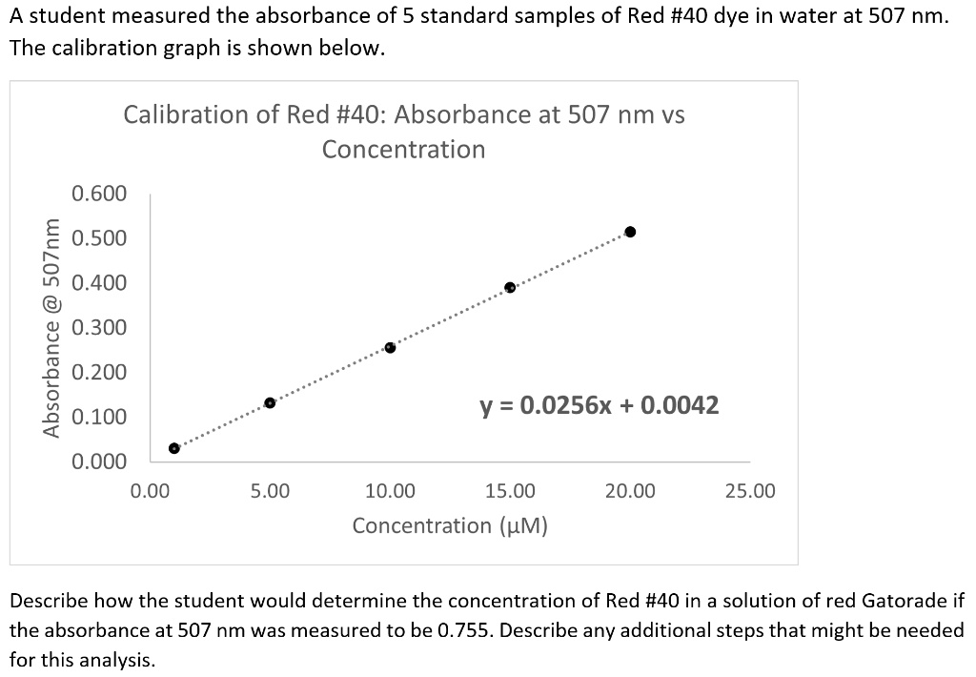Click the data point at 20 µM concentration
point(630,232)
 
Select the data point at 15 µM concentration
point(510,287)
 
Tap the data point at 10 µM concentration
point(390,347)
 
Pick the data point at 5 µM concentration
point(270,403)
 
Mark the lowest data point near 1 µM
point(173,448)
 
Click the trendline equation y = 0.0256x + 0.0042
point(599,406)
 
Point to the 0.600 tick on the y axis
point(99,194)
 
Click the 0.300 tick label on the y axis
point(99,328)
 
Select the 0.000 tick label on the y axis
point(99,462)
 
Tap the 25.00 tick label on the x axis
point(750,492)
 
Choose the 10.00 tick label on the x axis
point(390,492)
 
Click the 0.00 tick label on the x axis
point(150,492)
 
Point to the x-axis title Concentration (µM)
point(449,525)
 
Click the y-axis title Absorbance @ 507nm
point(52,327)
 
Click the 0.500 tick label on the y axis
point(99,238)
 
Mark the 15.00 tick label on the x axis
point(510,492)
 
